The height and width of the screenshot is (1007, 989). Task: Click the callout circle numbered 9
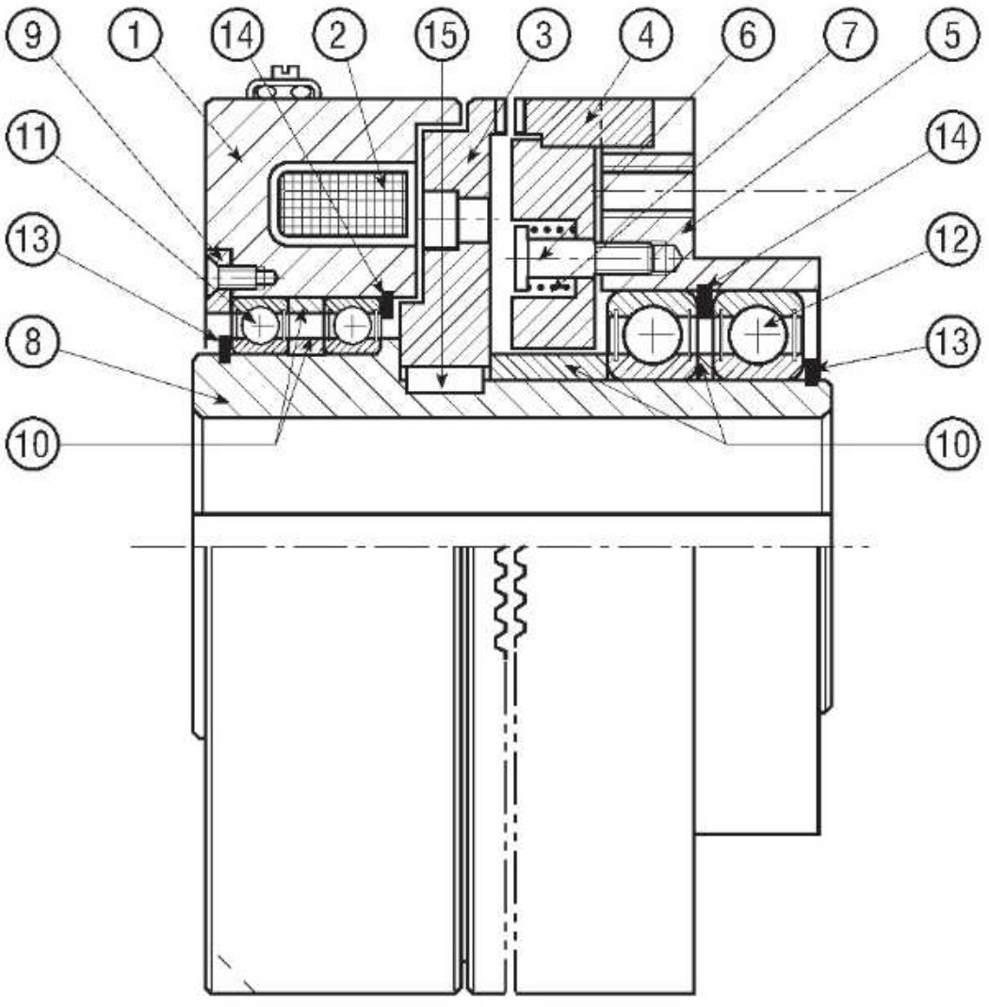(32, 34)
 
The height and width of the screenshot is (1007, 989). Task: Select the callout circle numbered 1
(135, 34)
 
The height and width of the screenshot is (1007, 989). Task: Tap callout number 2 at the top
(340, 34)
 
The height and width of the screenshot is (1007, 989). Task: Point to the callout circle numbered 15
(442, 34)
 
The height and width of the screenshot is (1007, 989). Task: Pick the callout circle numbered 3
(544, 34)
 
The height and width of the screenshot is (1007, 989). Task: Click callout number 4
(646, 34)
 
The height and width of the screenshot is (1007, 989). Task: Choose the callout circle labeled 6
(748, 34)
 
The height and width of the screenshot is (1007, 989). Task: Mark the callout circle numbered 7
(851, 34)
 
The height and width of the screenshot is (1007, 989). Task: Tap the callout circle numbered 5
(952, 34)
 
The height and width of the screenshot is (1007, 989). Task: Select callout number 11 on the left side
(32, 137)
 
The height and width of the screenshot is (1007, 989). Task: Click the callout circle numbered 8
(32, 341)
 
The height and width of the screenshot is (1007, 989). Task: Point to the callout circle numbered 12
(952, 239)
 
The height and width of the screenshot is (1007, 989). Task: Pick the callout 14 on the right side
(952, 137)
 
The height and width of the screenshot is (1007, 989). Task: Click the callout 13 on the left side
(32, 239)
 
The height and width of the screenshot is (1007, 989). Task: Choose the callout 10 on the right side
(952, 443)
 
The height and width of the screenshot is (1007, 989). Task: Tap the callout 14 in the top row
(237, 34)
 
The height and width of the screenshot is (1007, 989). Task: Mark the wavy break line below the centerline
(511, 600)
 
